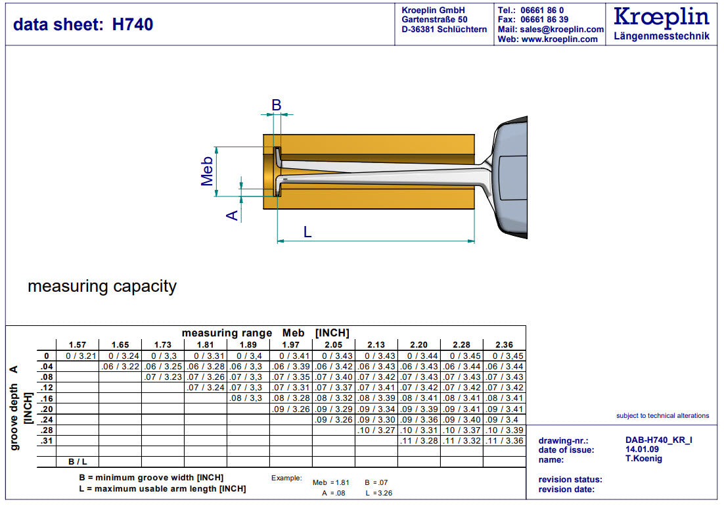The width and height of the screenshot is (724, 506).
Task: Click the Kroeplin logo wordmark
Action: pyautogui.click(x=661, y=17)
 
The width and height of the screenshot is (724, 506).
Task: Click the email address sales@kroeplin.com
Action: pyautogui.click(x=562, y=30)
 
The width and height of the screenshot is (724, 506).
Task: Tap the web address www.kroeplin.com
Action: pyautogui.click(x=559, y=39)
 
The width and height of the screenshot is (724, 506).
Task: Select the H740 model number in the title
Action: pyautogui.click(x=133, y=24)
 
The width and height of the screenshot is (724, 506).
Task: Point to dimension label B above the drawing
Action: pyautogui.click(x=276, y=105)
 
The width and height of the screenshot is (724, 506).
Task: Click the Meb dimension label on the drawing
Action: pyautogui.click(x=207, y=171)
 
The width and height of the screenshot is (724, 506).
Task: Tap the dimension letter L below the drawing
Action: pyautogui.click(x=307, y=232)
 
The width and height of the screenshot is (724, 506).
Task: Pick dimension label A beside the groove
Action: pyautogui.click(x=232, y=215)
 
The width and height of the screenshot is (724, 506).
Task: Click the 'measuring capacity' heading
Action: pyautogui.click(x=102, y=287)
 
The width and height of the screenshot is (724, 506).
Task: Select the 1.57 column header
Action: pyautogui.click(x=77, y=345)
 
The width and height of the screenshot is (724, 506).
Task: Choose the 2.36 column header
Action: pyautogui.click(x=504, y=345)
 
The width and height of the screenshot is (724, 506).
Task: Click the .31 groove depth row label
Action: pyautogui.click(x=46, y=441)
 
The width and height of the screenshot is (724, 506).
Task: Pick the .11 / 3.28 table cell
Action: pyautogui.click(x=419, y=441)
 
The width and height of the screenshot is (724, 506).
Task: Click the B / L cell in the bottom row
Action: pyautogui.click(x=78, y=462)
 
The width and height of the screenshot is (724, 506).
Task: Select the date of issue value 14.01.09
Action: pyautogui.click(x=642, y=449)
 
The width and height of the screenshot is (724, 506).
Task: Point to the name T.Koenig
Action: pyautogui.click(x=644, y=459)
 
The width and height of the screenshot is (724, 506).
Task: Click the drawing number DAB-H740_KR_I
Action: pyautogui.click(x=659, y=440)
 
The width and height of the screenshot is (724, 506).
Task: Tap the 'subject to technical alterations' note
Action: pyautogui.click(x=663, y=415)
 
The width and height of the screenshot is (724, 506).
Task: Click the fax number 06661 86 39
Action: pyautogui.click(x=545, y=20)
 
